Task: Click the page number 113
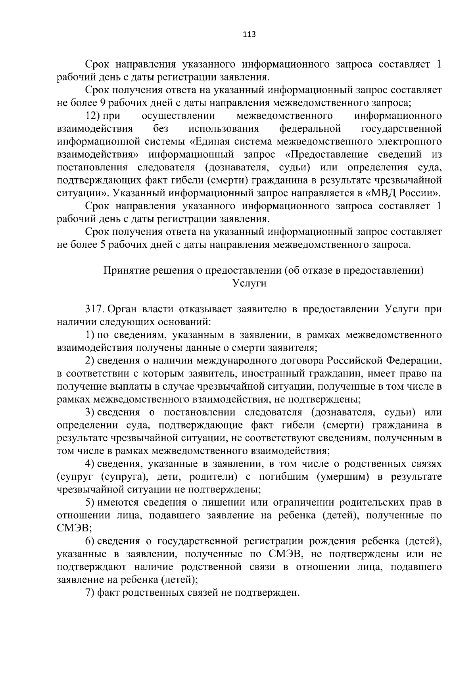pyautogui.click(x=249, y=34)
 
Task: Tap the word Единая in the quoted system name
pyautogui.click(x=215, y=142)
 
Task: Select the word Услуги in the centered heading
pyautogui.click(x=249, y=284)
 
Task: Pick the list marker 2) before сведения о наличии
pyautogui.click(x=90, y=361)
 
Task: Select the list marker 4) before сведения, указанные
pyautogui.click(x=90, y=464)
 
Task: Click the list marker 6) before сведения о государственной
pyautogui.click(x=90, y=541)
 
